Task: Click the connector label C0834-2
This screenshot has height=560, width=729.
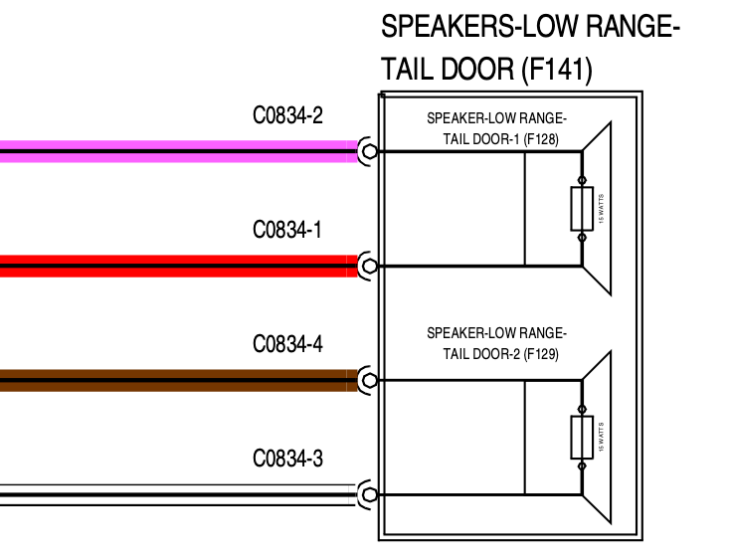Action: (287, 116)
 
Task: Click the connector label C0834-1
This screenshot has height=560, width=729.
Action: (287, 231)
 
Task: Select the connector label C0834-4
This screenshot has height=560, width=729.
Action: (287, 345)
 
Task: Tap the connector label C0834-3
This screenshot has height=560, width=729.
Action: (287, 460)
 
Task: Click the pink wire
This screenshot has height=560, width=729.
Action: (179, 151)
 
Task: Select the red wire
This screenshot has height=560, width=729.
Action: (179, 266)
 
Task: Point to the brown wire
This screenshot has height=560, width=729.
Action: (179, 380)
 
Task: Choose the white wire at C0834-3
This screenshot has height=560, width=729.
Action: (179, 494)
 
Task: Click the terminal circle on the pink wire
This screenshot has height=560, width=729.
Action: (370, 151)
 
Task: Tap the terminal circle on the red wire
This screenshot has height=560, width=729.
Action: (370, 266)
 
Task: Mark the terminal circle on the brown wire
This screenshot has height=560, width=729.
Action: (370, 380)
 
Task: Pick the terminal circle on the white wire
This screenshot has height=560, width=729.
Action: (370, 494)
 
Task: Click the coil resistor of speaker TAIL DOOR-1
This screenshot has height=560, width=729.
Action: (582, 209)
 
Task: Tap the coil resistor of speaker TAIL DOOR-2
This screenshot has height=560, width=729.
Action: (582, 438)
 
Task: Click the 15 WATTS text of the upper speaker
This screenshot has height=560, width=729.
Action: (601, 209)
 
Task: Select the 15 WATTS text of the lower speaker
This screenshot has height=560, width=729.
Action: (601, 438)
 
